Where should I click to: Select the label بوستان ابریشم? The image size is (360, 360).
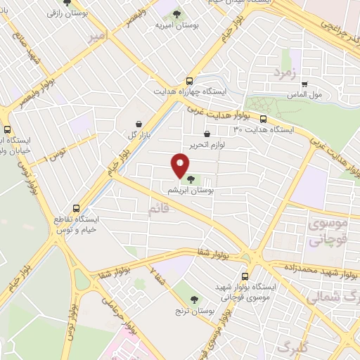tap(191, 191)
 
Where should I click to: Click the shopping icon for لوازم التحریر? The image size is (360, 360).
tap(207, 134)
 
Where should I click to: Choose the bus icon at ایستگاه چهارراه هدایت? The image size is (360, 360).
tap(188, 81)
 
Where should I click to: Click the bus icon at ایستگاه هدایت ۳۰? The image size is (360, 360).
tap(264, 119)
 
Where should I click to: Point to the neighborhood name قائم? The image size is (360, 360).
tap(159, 209)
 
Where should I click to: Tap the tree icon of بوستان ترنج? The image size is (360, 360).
tap(185, 298)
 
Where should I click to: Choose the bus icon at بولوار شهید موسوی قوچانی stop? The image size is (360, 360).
tap(245, 276)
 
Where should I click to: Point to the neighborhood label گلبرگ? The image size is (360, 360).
tap(294, 346)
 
